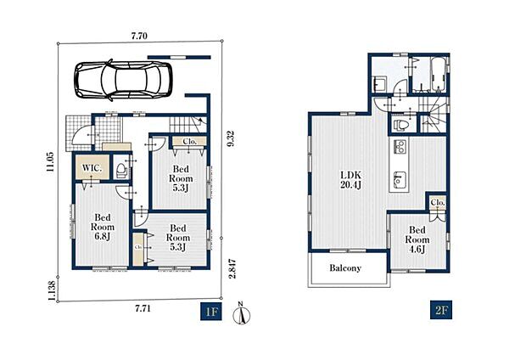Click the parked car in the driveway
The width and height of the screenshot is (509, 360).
pos(123,80)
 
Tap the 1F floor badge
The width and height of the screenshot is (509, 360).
pos(211,312)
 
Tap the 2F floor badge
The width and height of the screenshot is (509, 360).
pos(441,310)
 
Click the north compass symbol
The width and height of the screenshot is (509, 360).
pos(242,314)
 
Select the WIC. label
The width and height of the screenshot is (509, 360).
pos(92,168)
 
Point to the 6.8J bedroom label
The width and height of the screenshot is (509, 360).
pos(103,227)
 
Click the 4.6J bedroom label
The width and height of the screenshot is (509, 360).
pos(417,239)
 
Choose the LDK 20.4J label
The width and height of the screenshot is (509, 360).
pos(350,180)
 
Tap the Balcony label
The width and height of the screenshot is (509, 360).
pos(345,268)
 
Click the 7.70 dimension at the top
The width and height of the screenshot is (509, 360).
pos(139,36)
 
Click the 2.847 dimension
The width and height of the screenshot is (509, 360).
pos(232,268)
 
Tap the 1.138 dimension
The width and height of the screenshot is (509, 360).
pos(51,290)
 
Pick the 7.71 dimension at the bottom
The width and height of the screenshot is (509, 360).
pos(143,308)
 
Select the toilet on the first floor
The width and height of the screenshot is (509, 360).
pos(121,170)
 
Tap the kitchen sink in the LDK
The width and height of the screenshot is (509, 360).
pos(400,180)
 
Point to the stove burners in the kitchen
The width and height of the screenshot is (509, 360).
pos(400,146)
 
